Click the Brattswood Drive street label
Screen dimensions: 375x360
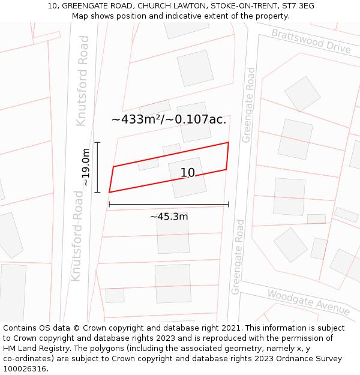(x=311, y=41)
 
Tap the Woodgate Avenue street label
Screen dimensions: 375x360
(x=308, y=302)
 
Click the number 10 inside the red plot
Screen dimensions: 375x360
(x=188, y=173)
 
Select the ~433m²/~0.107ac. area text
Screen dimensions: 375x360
(x=169, y=119)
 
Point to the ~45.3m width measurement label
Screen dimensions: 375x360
(x=169, y=217)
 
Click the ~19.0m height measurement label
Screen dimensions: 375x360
(x=86, y=167)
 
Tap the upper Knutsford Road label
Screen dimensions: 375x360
(x=82, y=80)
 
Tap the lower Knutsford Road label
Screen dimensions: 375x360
(x=77, y=235)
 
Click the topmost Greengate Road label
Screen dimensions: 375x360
(x=248, y=105)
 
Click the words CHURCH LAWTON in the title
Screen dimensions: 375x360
(x=176, y=6)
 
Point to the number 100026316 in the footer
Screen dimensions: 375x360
(x=25, y=368)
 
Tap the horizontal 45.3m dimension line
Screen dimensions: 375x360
(x=169, y=205)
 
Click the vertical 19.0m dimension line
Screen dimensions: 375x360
(x=97, y=167)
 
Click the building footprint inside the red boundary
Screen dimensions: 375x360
(x=187, y=177)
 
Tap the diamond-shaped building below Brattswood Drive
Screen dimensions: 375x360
(x=302, y=93)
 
